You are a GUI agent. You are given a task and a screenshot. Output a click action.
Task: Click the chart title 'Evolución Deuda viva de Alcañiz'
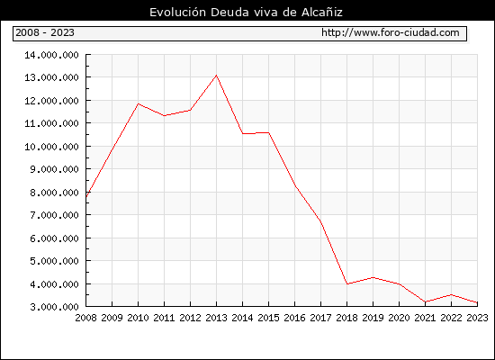[246, 13]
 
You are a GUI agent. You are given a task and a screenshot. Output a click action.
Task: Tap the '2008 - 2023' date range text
[45, 32]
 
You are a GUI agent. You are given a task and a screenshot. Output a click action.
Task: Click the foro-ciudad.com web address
[391, 32]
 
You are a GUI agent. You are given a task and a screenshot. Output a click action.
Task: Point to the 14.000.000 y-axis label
[52, 55]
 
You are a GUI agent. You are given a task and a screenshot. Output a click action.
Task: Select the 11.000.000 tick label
[52, 123]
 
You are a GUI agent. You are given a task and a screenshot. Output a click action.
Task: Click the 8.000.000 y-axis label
[54, 193]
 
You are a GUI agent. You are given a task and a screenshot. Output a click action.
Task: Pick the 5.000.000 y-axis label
[54, 261]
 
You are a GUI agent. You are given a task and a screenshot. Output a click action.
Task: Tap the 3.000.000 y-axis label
[54, 307]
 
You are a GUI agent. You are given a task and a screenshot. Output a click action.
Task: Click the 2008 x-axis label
[85, 318]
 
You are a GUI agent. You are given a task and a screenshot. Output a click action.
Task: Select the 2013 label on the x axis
[216, 318]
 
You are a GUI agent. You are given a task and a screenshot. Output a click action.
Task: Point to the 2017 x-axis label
[320, 318]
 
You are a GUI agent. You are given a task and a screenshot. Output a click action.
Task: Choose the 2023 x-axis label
[477, 318]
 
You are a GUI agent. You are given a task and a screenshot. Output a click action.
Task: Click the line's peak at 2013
[216, 76]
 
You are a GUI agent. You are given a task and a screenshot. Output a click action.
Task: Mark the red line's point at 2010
[139, 103]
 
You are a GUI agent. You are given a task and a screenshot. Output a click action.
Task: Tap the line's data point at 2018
[346, 283]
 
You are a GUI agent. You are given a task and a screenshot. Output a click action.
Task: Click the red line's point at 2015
[269, 132]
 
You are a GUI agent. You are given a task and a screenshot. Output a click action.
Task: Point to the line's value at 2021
[425, 301]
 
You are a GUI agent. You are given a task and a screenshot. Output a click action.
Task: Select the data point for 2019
[373, 277]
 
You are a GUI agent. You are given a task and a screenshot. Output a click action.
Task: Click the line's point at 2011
[164, 115]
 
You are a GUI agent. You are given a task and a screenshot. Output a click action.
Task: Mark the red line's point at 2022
[452, 294]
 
